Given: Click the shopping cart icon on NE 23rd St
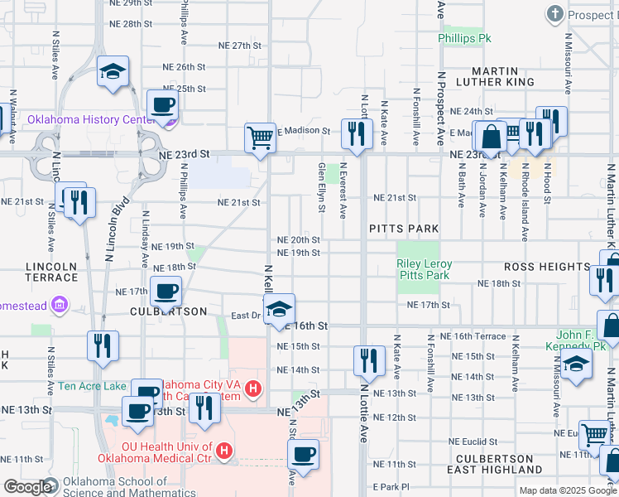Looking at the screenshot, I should (260, 138).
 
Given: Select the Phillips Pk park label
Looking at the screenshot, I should (465, 39).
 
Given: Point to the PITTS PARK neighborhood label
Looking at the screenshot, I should (403, 228).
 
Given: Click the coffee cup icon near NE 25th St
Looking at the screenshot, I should (161, 104).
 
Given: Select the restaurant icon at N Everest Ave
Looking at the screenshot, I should (356, 133).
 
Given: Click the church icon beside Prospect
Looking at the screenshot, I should (554, 14).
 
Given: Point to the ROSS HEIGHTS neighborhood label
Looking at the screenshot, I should (547, 267).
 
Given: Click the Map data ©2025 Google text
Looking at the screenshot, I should (568, 490).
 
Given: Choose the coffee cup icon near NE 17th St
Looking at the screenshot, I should (166, 291).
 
